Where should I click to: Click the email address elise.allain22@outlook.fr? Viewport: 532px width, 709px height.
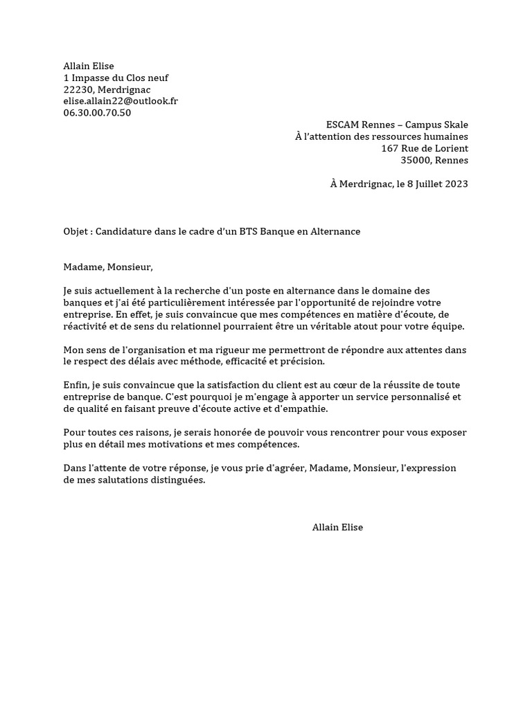point(121,101)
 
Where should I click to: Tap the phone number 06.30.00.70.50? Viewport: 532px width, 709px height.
point(97,113)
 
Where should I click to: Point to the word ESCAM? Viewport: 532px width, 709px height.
point(342,125)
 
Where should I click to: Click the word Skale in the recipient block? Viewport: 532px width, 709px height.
point(454,125)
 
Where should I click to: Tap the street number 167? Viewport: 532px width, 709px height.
point(390,148)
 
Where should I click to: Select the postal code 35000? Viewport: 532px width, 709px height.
point(415,160)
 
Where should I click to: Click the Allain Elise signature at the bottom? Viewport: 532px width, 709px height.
point(337,528)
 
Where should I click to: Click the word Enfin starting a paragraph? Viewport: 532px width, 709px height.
point(75,386)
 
